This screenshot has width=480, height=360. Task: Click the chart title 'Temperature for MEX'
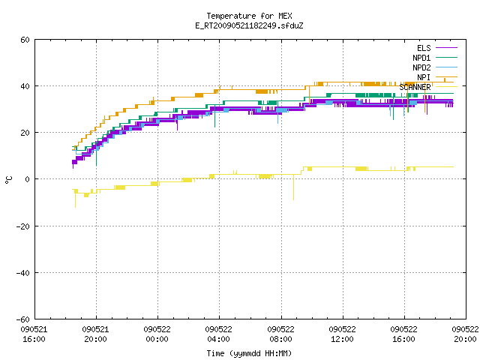coord(249,16)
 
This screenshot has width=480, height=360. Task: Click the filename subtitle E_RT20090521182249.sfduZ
coord(249,25)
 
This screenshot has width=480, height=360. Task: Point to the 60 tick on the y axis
coord(25,40)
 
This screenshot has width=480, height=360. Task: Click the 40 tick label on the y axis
coord(25,86)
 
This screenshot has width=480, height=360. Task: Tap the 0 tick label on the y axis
coord(27,179)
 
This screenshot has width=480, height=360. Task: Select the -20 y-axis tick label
coord(23,226)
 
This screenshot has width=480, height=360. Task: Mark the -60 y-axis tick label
coord(23,319)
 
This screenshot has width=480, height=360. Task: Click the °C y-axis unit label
coord(9,180)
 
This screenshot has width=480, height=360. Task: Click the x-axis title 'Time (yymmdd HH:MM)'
coord(249,353)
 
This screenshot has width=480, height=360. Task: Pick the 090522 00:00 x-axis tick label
coord(157,334)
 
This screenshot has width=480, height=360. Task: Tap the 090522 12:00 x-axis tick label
coord(342,334)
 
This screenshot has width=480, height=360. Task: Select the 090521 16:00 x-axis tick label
coord(34,334)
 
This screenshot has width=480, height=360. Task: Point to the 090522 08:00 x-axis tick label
coord(280,334)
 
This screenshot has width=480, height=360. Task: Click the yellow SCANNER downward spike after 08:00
coord(293,187)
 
